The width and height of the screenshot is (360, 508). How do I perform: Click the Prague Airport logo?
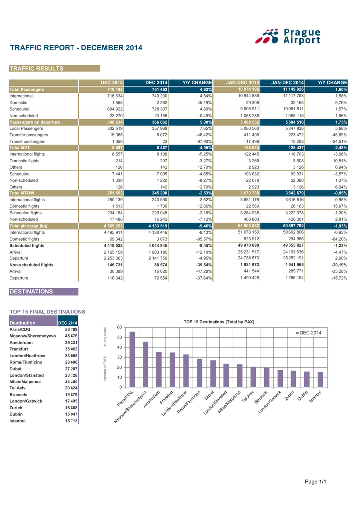coord(291,36)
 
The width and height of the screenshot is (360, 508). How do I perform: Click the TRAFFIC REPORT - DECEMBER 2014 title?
coord(76,48)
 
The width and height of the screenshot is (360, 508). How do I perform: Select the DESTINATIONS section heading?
coord(31,292)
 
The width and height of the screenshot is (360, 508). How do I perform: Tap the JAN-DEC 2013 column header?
coord(242,82)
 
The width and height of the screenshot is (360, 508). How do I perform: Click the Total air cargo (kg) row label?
coord(28,226)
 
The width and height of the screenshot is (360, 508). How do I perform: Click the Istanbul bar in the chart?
coord(320,379)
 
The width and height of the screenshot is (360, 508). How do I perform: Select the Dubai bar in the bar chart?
coord(213,374)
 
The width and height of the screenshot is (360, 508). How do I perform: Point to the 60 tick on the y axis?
coord(119,327)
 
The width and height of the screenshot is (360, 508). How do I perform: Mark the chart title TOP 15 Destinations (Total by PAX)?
coord(219,322)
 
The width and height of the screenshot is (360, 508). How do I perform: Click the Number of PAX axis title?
coord(105,369)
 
